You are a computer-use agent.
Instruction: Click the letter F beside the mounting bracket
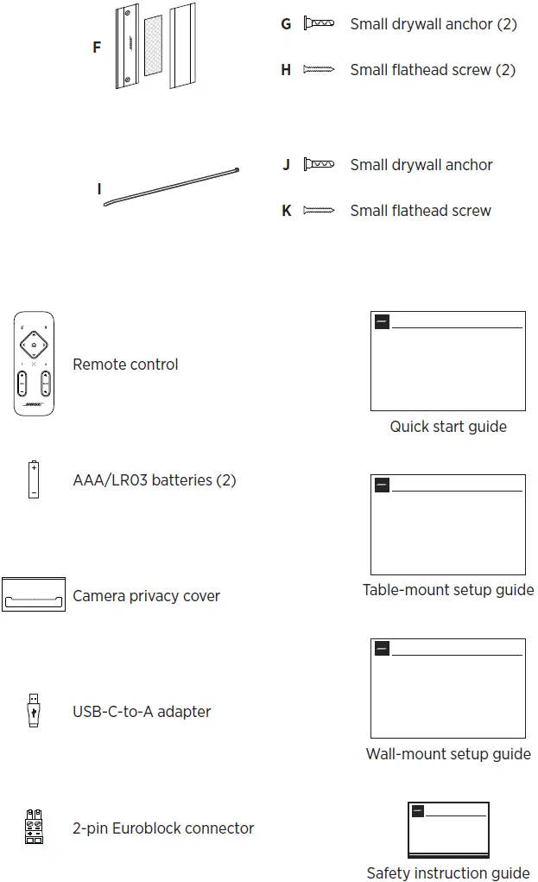97,48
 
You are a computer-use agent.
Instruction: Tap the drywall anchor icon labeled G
319,24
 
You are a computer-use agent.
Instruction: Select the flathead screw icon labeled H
319,70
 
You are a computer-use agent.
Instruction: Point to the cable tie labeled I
171,187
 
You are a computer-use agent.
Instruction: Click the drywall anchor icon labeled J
319,164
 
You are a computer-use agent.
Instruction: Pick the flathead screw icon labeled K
319,210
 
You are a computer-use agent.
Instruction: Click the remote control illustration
34,364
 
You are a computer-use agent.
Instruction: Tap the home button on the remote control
34,343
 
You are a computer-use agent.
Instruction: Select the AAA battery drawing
34,479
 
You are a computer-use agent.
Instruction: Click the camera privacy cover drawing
34,594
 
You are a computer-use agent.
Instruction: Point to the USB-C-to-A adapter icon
34,710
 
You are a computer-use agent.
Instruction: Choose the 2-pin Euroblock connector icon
34,828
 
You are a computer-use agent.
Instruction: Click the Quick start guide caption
447,427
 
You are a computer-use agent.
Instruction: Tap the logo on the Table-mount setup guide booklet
382,485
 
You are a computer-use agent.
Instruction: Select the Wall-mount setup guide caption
447,754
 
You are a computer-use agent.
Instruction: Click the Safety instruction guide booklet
448,829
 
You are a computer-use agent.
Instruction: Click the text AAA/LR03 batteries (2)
155,479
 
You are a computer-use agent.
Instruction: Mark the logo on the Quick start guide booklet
382,322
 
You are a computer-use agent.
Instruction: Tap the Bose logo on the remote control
34,404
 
